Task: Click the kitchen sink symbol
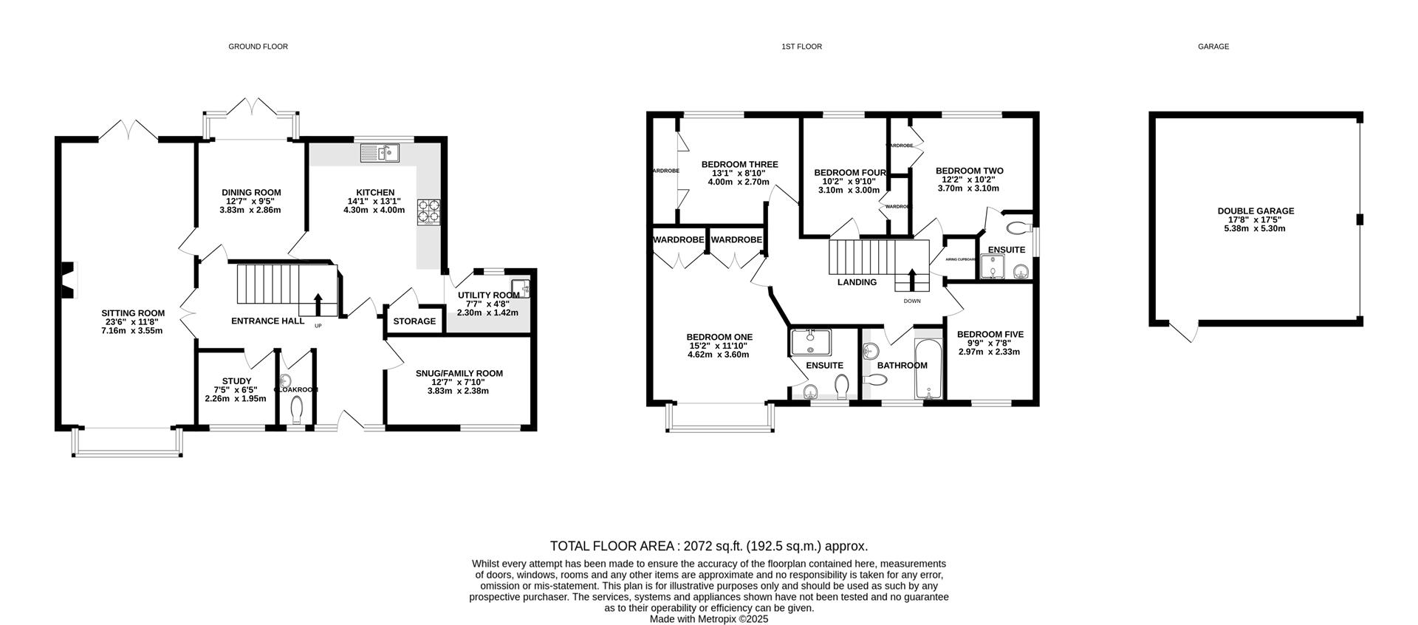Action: (380, 153)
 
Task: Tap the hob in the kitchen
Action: (428, 211)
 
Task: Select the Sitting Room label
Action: (133, 312)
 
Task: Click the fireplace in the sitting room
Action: (68, 280)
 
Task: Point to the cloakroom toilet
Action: (297, 409)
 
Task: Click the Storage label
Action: (414, 321)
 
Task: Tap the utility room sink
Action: (520, 288)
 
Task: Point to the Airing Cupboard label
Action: (961, 259)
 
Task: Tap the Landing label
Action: (857, 282)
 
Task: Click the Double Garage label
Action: (1256, 211)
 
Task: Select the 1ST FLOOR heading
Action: (801, 47)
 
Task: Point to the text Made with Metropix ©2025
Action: (709, 619)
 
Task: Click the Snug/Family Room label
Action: (459, 373)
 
